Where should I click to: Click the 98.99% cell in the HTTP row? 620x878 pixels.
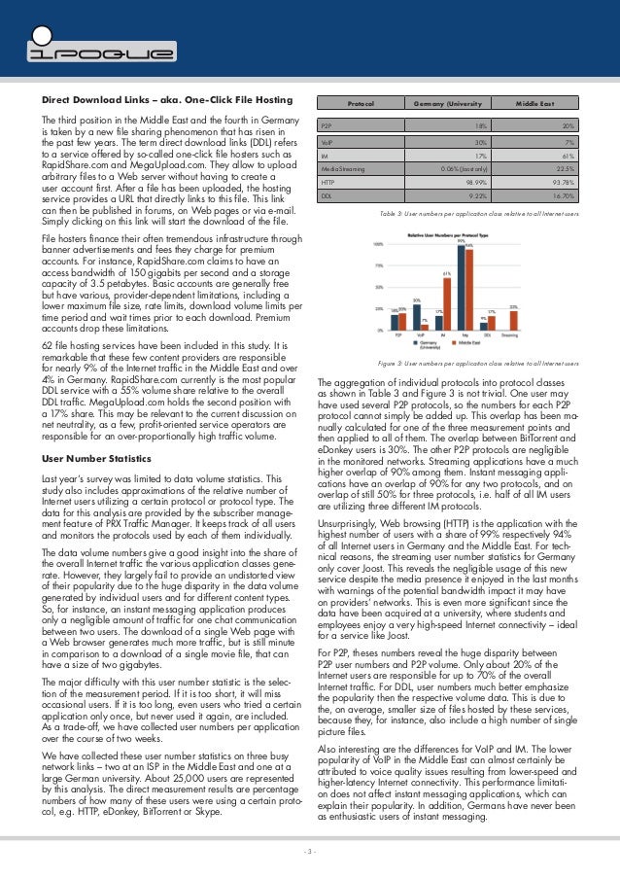[476, 181]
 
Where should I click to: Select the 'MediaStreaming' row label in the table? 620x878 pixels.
[343, 167]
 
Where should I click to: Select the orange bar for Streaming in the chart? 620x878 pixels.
[513, 323]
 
